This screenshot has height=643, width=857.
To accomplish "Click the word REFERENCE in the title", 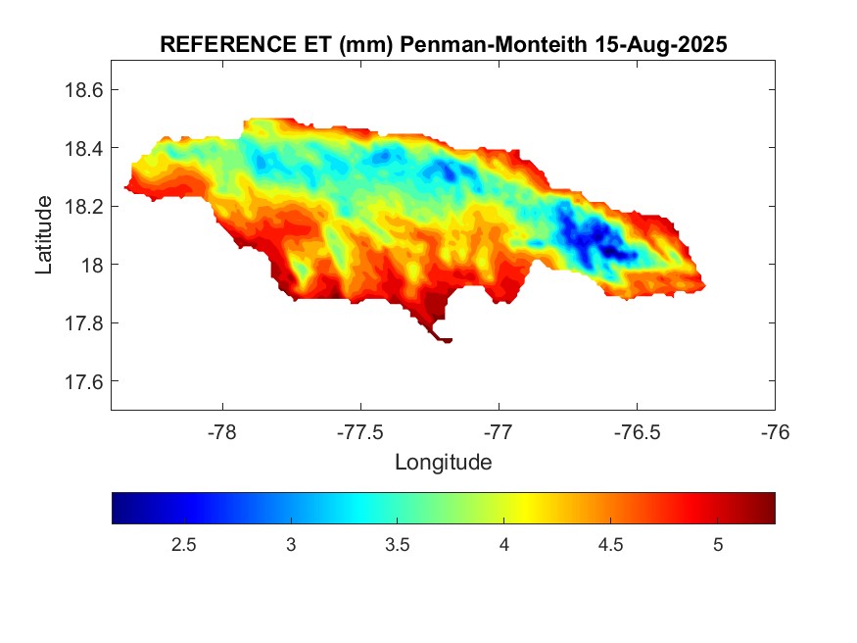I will point(222,45).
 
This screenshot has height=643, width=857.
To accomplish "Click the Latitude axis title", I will point(44,234).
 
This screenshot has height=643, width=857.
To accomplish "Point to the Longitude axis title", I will point(443,462).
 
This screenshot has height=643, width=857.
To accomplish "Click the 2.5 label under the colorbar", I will point(184,545).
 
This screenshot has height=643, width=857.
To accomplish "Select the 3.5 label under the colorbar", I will point(398,545).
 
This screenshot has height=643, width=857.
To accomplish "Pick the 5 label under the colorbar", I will point(718,545).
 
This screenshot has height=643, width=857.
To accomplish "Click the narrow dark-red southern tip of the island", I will point(443,339).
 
